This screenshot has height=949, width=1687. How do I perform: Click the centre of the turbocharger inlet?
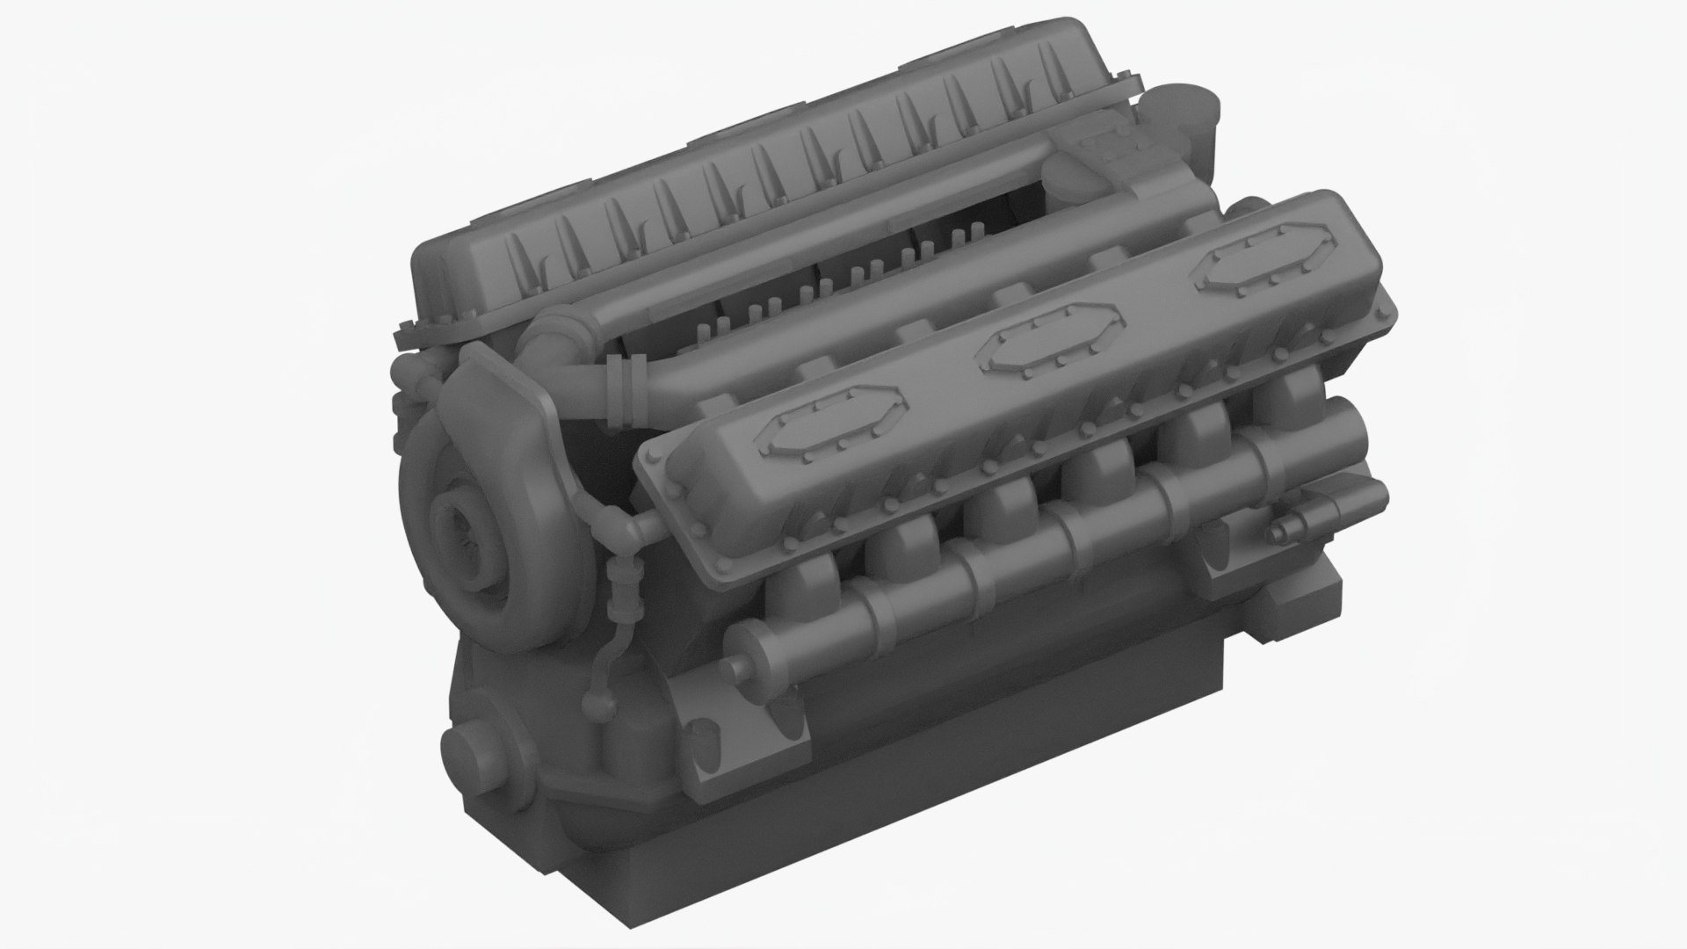pos(454,533)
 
